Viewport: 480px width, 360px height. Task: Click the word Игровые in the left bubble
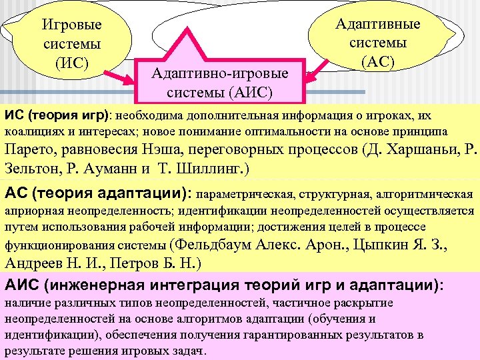(72, 25)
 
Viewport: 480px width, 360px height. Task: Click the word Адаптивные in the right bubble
(378, 24)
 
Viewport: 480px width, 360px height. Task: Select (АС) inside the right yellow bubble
(377, 62)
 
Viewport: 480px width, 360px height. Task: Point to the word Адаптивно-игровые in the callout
(220, 73)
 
